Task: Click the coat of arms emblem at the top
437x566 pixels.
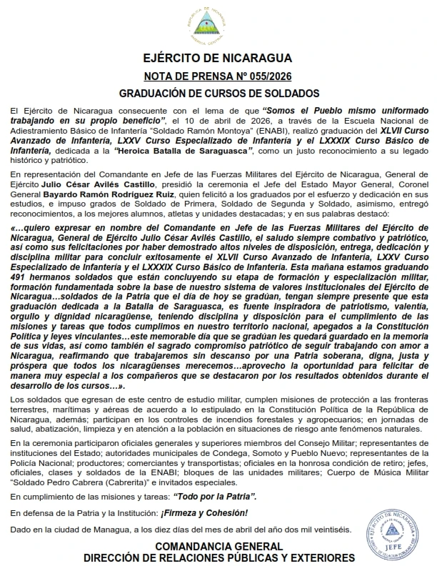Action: coord(218,25)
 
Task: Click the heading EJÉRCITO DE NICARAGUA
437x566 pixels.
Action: coord(218,59)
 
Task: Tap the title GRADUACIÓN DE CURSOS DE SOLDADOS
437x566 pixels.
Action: coord(218,94)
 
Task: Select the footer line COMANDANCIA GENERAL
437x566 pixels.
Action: coord(218,546)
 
